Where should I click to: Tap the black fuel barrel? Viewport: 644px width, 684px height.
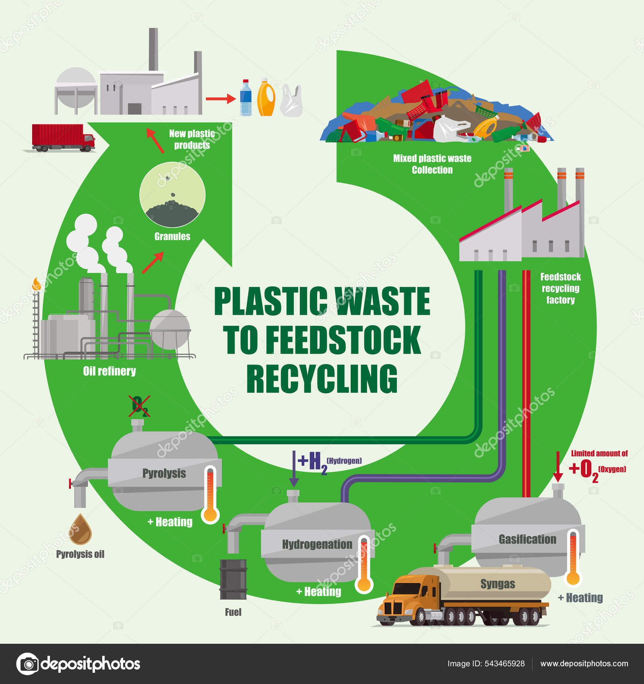pyautogui.click(x=233, y=579)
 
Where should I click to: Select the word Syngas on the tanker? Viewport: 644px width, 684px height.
pyautogui.click(x=497, y=584)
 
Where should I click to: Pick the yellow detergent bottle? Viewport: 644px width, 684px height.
pyautogui.click(x=266, y=98)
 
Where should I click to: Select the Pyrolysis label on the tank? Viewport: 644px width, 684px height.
pyautogui.click(x=164, y=473)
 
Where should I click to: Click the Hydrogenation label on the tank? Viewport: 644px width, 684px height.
pyautogui.click(x=317, y=544)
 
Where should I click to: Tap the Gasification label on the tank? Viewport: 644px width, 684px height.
pyautogui.click(x=527, y=539)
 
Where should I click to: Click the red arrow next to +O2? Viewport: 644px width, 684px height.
pyautogui.click(x=558, y=467)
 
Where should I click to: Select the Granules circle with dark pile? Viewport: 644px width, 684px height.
pyautogui.click(x=172, y=196)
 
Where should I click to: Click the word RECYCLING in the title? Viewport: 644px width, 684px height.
pyautogui.click(x=322, y=379)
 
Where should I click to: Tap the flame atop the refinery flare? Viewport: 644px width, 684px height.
pyautogui.click(x=37, y=284)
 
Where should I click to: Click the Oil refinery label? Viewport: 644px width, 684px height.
pyautogui.click(x=109, y=371)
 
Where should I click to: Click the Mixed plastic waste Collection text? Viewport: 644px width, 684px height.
pyautogui.click(x=432, y=164)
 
